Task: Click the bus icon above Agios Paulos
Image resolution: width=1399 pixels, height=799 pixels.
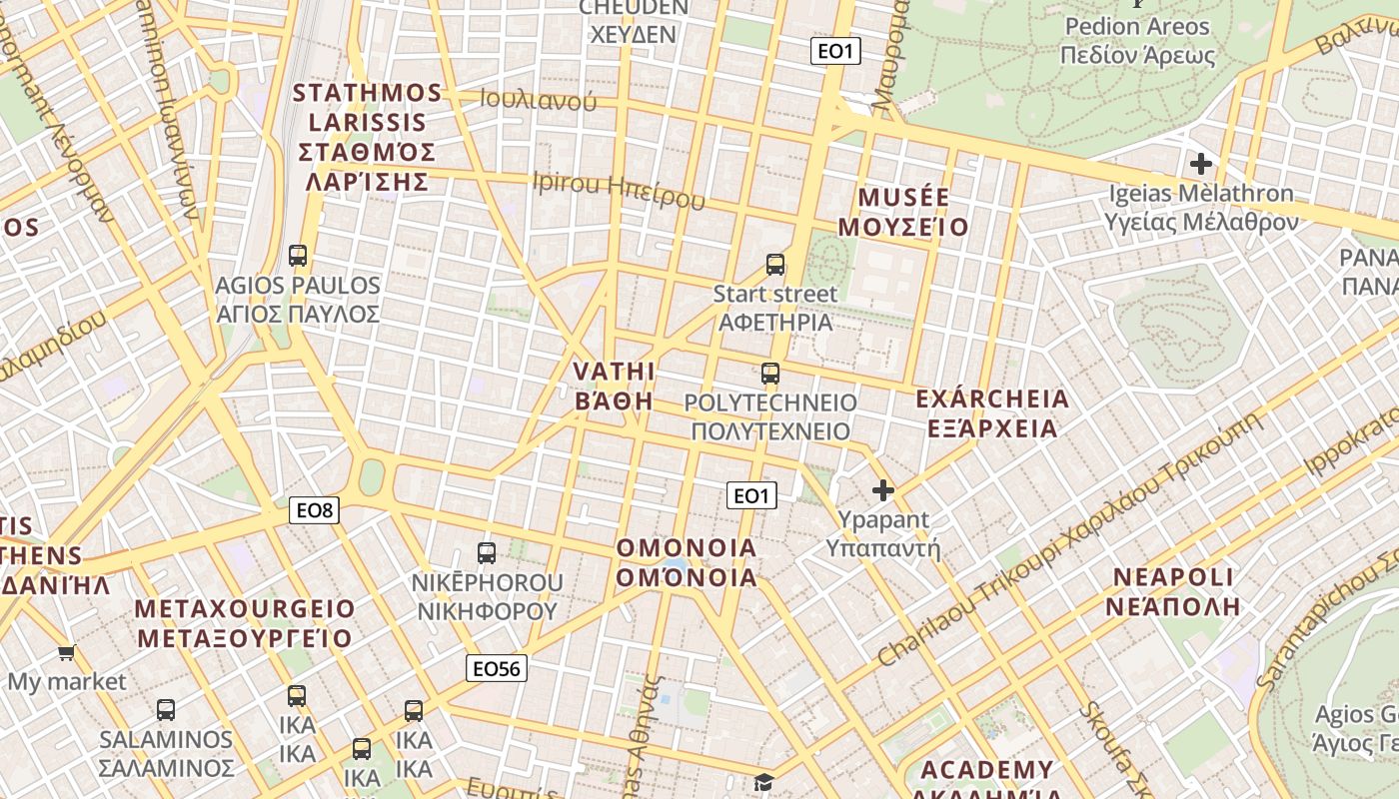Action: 298,256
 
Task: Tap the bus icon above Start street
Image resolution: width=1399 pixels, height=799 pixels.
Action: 775,265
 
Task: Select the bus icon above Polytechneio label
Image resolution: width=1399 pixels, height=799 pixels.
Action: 769,374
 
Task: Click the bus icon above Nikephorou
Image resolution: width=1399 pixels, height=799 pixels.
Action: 487,552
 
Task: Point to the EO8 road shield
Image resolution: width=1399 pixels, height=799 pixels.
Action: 315,510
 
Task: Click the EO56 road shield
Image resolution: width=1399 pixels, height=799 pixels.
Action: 496,668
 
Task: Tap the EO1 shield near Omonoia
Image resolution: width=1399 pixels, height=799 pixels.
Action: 751,495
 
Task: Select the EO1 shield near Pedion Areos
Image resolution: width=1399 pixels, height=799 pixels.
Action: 834,51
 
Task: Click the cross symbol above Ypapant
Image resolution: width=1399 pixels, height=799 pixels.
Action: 882,490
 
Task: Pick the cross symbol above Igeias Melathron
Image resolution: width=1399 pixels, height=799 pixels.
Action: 1201,163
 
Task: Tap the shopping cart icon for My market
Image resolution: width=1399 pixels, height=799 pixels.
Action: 66,653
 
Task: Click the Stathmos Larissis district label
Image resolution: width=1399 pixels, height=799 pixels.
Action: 368,137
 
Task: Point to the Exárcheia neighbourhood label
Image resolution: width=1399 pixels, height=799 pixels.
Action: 991,413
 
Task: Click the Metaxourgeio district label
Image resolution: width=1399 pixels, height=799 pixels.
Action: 245,623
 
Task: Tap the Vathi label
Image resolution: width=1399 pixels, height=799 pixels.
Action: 614,386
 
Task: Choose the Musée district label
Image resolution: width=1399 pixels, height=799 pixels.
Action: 903,211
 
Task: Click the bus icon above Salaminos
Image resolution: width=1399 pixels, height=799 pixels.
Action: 166,710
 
